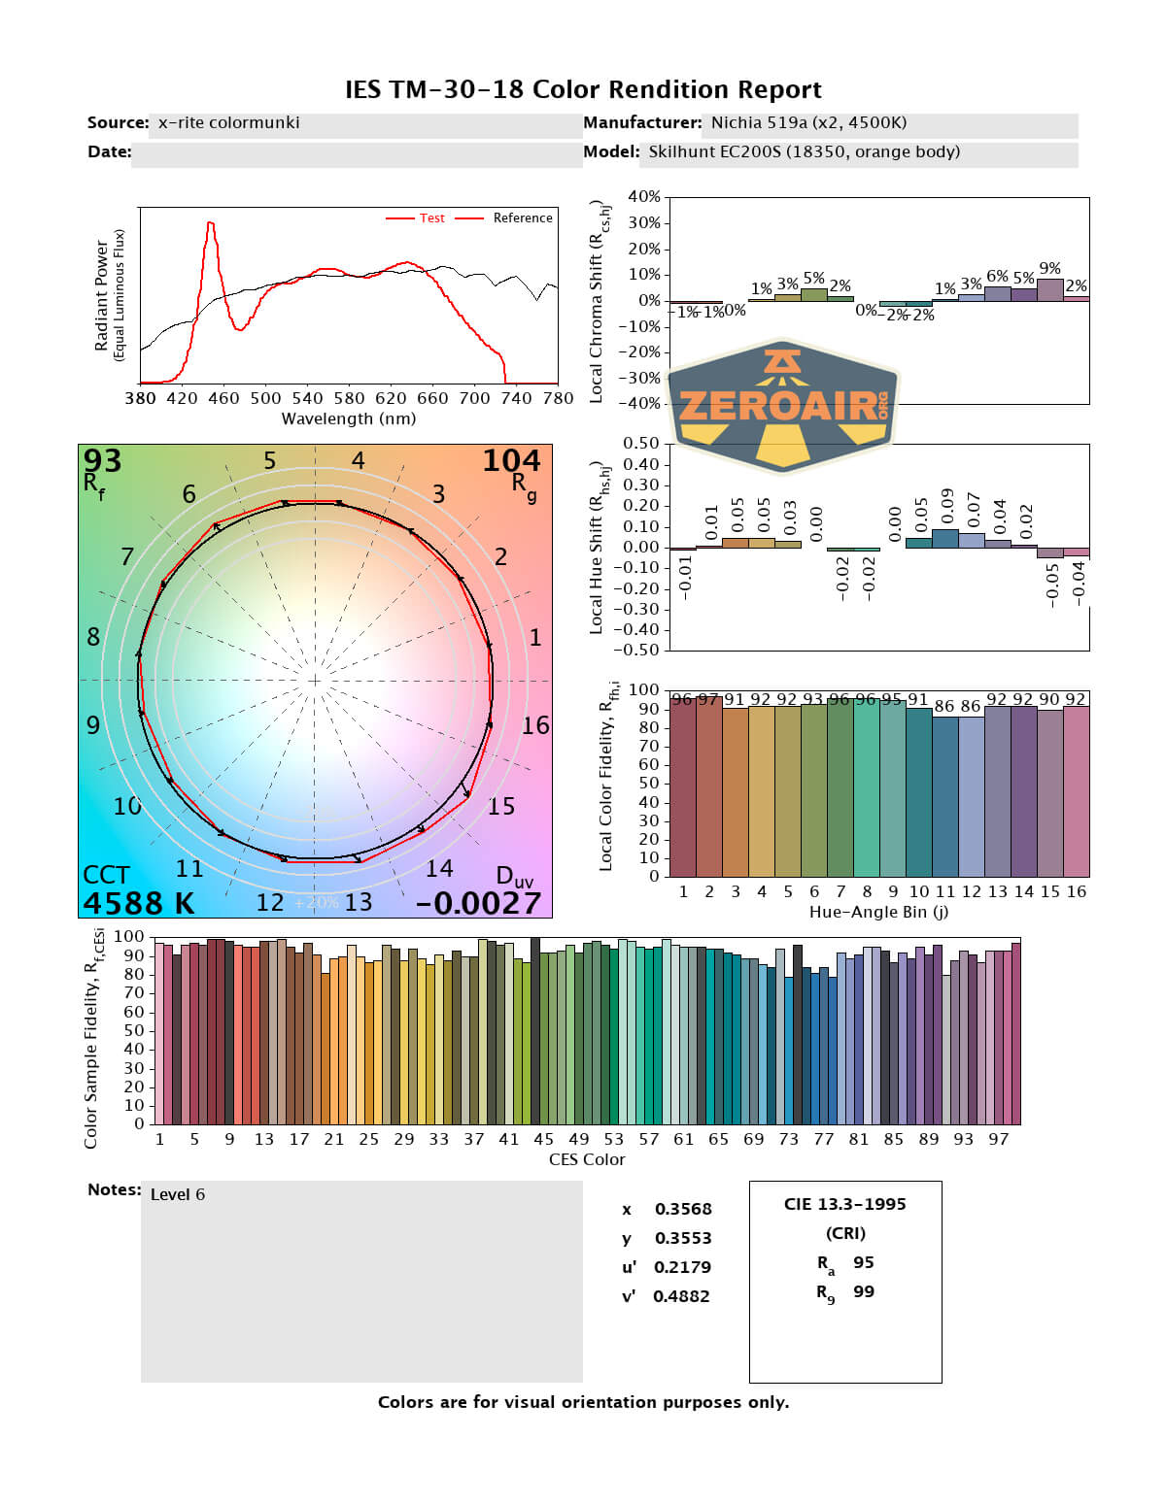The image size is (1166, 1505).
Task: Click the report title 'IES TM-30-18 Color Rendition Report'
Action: point(583,90)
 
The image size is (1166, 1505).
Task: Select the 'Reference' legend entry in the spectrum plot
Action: point(522,218)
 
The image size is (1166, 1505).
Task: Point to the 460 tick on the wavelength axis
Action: point(223,398)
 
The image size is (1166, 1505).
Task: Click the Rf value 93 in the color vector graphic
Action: point(102,460)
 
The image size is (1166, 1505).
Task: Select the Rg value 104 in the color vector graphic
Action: point(511,460)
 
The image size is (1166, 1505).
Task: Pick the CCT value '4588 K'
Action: point(139,903)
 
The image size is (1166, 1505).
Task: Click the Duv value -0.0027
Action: point(478,903)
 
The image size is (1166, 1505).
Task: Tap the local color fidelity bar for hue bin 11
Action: point(944,796)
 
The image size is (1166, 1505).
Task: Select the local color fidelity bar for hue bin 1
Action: point(683,786)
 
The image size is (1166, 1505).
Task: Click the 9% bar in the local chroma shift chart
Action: point(1049,289)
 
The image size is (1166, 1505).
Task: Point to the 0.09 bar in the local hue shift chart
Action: point(944,538)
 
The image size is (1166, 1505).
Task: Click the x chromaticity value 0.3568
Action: point(683,1209)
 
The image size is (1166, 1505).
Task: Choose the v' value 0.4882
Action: point(681,1296)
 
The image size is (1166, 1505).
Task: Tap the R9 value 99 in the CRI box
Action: point(864,1291)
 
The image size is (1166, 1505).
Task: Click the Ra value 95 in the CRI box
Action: point(864,1262)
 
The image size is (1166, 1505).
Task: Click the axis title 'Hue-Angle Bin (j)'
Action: point(878,912)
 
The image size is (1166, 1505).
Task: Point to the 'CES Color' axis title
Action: point(587,1159)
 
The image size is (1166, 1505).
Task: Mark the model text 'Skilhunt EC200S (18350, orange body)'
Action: point(805,151)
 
